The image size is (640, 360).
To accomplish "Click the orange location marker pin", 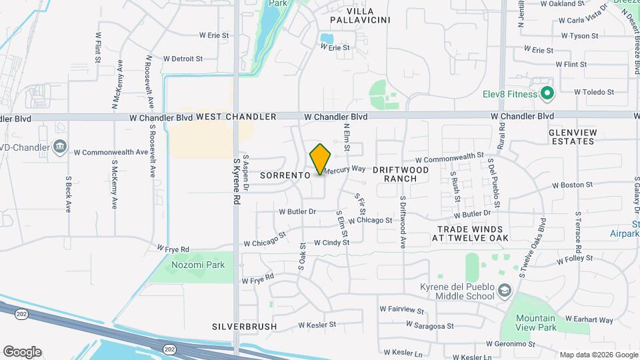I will click(x=321, y=159).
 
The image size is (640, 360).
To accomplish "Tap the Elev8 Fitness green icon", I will click(x=547, y=94).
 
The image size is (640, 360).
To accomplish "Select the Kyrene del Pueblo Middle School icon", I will click(x=505, y=290).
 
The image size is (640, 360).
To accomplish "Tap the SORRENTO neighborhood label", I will click(x=285, y=175).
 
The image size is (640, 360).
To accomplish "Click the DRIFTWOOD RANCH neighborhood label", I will click(x=400, y=175).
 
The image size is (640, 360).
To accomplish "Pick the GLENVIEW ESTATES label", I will click(x=571, y=137).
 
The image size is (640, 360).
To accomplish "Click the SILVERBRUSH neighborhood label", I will click(x=243, y=327).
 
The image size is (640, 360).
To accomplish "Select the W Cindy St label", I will click(x=331, y=243).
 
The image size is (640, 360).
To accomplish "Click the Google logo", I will click(x=22, y=351).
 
